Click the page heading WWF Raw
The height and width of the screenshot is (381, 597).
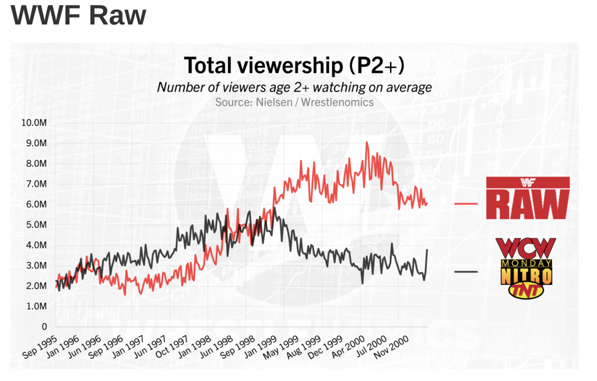[78, 16]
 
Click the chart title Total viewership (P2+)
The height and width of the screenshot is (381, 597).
[294, 66]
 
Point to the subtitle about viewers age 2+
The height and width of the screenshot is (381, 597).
[294, 87]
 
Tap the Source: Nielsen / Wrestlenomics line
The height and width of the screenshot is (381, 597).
[294, 102]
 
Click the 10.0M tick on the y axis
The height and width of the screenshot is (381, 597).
[34, 123]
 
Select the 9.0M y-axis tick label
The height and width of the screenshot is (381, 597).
[35, 143]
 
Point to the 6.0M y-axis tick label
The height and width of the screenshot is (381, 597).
[35, 204]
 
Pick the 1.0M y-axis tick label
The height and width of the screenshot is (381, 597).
[35, 306]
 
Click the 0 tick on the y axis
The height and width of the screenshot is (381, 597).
[43, 327]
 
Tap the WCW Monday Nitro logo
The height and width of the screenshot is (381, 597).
[523, 268]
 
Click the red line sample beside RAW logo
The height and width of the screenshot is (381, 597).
[466, 203]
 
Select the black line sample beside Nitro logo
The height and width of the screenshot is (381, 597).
[466, 271]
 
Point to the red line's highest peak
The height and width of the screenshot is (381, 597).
[366, 142]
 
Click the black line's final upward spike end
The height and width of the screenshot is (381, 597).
[427, 249]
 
